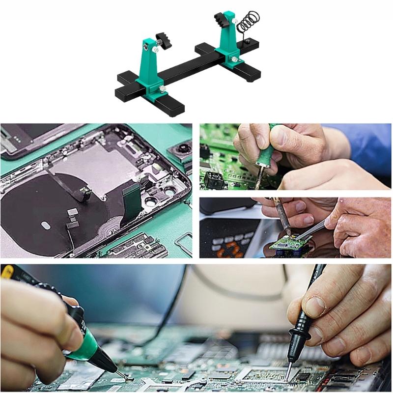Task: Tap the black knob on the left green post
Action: pos(163,37)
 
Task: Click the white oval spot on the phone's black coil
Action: pos(45,225)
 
